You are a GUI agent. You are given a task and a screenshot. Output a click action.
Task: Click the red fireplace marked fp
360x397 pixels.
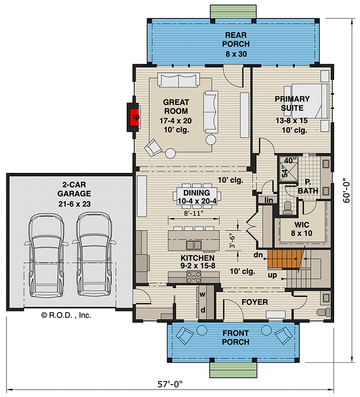click(x=134, y=117)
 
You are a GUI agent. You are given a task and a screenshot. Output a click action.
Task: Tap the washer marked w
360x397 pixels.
click(x=203, y=294)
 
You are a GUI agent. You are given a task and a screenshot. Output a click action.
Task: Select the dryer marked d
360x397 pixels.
click(x=203, y=310)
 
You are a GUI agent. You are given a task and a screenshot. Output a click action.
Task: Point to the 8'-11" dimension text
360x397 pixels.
click(x=193, y=214)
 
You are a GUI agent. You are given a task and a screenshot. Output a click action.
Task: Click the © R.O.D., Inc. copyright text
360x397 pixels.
click(x=66, y=315)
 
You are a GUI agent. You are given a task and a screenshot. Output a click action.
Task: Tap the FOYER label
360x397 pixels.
click(x=255, y=302)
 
